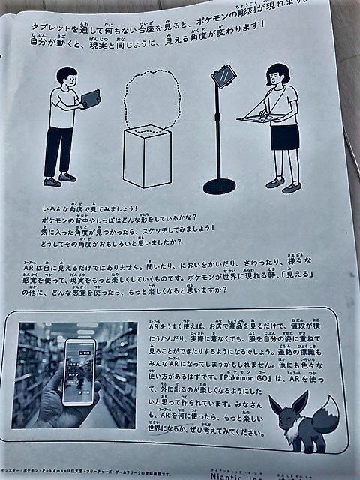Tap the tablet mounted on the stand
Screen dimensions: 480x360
(223, 76)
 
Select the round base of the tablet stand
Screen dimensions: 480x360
(220, 185)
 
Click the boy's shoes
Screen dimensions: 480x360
(60, 179)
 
